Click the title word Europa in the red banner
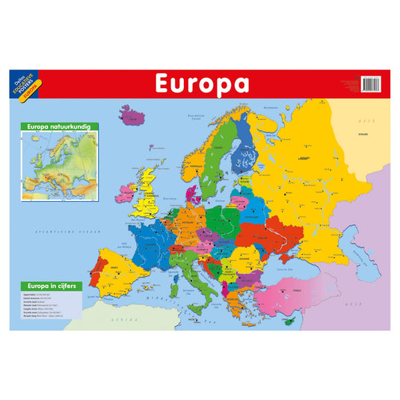click(x=201, y=84)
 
